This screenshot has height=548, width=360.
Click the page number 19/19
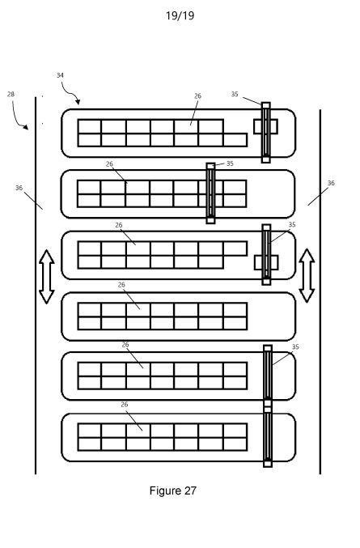[x=180, y=15]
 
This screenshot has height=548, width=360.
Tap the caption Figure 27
[x=173, y=491]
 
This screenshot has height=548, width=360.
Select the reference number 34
[x=60, y=75]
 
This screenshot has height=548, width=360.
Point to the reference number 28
[x=11, y=94]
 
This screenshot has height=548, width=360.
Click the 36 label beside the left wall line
[x=19, y=188]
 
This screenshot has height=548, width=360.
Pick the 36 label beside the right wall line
[x=331, y=183]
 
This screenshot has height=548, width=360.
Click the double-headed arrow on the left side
[x=46, y=277]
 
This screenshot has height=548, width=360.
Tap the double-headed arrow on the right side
[x=307, y=276]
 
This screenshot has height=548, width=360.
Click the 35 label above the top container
[x=235, y=94]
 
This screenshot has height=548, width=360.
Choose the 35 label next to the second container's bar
[x=230, y=164]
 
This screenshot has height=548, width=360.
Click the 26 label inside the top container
[x=197, y=96]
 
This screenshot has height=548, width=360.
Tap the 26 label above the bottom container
[x=125, y=405]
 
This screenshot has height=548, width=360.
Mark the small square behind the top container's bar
[x=265, y=126]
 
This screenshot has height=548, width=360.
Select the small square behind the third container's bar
[x=266, y=262]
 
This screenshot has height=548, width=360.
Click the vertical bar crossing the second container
[x=210, y=193]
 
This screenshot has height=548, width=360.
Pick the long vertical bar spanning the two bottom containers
[x=268, y=406]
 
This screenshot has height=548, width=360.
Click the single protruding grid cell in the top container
[x=235, y=140]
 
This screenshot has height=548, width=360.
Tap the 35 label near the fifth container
[x=295, y=346]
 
